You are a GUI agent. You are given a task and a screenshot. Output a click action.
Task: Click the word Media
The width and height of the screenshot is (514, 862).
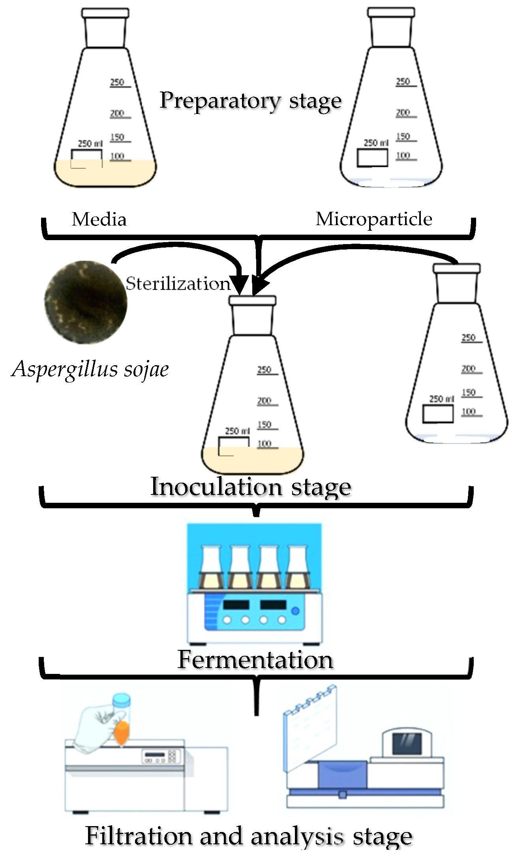(99, 219)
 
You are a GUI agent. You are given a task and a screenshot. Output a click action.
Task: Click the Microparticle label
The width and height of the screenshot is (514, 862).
(373, 219)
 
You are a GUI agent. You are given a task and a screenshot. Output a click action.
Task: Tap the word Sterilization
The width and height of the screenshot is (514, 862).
(178, 284)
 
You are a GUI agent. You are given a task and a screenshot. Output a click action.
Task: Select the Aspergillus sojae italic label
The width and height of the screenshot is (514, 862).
(90, 369)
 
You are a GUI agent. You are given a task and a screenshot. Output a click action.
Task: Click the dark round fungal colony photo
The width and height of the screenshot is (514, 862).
(86, 302)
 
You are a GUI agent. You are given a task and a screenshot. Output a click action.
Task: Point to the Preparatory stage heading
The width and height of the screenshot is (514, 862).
(251, 101)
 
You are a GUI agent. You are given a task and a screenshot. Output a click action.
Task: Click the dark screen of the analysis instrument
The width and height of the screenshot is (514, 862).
(407, 743)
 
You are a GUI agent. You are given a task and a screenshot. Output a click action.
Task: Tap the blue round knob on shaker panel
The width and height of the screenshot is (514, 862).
(295, 611)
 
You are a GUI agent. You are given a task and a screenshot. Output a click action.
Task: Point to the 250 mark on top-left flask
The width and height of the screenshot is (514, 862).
(117, 82)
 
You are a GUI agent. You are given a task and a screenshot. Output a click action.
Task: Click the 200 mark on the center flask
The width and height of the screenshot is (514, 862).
(264, 401)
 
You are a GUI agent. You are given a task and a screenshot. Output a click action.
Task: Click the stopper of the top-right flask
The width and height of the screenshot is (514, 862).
(391, 13)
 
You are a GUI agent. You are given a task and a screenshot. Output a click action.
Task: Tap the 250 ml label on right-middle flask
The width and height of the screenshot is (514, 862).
(441, 399)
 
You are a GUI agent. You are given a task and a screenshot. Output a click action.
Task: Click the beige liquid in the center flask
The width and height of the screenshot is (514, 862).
(253, 459)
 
